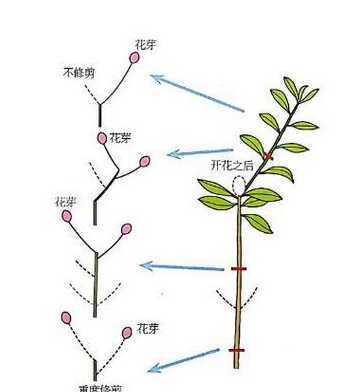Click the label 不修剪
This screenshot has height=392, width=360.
tap(79, 73)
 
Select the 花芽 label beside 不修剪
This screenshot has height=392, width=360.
tap(143, 45)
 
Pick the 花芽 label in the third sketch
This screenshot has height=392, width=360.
tap(67, 202)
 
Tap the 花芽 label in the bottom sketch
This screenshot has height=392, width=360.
tap(147, 327)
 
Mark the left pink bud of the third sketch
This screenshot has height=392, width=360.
tap(67, 216)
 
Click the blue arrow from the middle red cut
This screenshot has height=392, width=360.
tap(181, 267)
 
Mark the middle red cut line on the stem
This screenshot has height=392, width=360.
tap(238, 269)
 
